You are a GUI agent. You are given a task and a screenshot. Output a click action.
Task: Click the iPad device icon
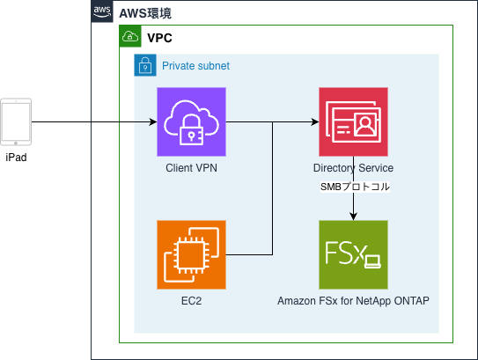[17, 121]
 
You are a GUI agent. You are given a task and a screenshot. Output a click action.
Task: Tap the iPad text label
[17, 158]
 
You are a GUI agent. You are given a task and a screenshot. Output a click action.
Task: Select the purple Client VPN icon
[191, 121]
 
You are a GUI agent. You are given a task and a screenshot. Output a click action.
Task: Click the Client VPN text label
[191, 168]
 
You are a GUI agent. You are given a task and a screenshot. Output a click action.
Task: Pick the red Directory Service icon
[353, 121]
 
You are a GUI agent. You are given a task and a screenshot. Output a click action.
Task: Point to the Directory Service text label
[353, 168]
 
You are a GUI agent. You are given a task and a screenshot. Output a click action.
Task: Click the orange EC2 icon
[191, 254]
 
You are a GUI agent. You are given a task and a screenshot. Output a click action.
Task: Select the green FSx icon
[353, 254]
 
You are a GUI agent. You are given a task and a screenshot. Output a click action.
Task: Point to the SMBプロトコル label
[353, 187]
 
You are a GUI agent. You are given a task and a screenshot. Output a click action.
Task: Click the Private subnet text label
[195, 66]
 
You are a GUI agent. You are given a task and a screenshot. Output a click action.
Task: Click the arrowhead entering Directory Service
[314, 121]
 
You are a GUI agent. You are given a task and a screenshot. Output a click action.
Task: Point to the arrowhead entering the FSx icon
[353, 216]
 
